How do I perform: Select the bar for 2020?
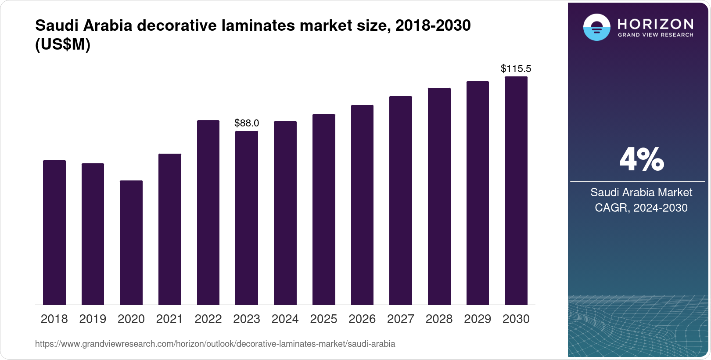click(131, 242)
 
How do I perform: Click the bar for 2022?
click(208, 212)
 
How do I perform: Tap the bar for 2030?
click(516, 191)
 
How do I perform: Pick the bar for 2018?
click(54, 232)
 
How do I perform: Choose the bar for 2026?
click(362, 205)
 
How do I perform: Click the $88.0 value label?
click(247, 123)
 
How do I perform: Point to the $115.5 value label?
click(516, 69)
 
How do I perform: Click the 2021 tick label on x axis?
click(169, 319)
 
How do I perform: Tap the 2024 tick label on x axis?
click(285, 319)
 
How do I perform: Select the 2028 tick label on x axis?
click(439, 319)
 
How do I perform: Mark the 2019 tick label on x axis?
click(93, 319)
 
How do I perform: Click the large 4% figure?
click(641, 160)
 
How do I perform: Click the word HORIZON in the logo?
click(655, 24)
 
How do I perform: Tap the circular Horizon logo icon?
click(596, 27)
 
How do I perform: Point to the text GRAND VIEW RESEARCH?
click(655, 35)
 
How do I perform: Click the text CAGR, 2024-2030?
click(641, 208)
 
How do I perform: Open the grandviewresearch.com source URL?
click(215, 344)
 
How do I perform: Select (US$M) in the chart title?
click(63, 44)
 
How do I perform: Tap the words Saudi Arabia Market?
click(641, 192)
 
